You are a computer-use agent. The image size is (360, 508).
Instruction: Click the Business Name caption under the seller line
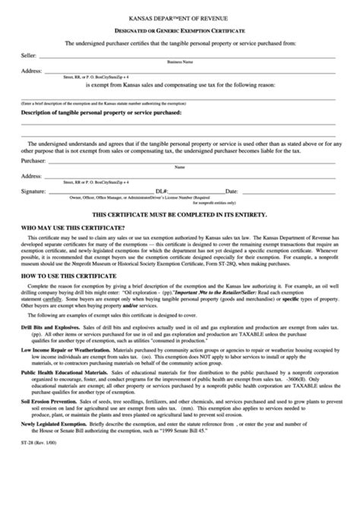click(x=180, y=62)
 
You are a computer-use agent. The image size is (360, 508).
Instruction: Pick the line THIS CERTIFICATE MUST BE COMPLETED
click(x=179, y=216)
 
